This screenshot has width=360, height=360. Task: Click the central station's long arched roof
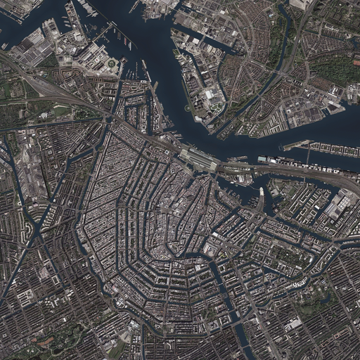199,160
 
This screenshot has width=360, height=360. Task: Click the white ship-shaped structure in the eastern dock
262,191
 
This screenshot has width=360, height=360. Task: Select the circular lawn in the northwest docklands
112,63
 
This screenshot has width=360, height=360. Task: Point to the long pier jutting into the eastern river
296,145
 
